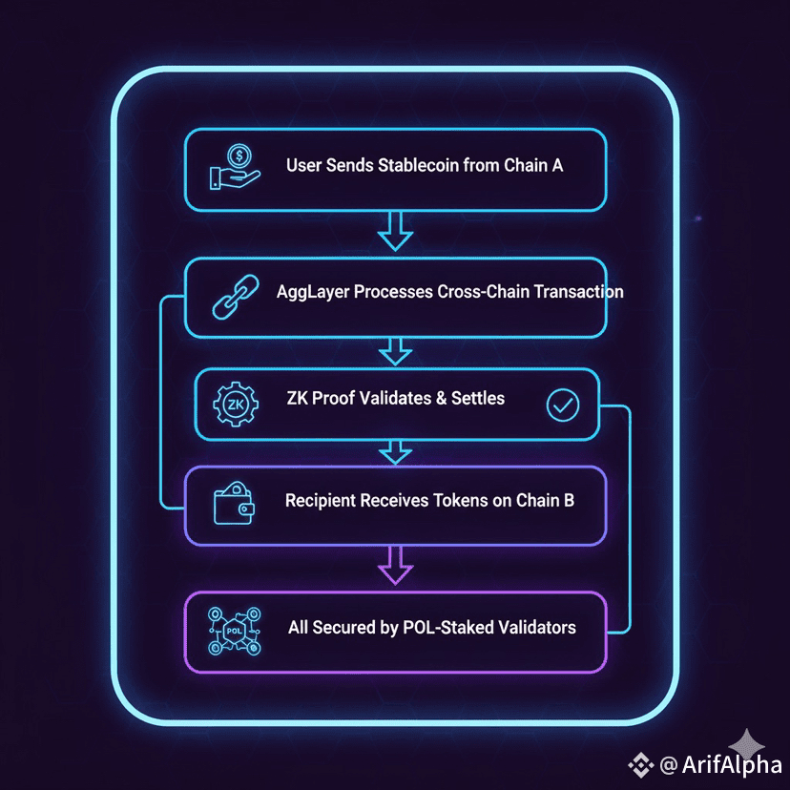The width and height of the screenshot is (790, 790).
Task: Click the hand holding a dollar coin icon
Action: pos(235,169)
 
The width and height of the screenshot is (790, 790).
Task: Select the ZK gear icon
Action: pos(236,405)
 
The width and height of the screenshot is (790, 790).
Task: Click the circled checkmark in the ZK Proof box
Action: pos(562,405)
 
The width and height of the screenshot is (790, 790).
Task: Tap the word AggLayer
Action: pos(313,291)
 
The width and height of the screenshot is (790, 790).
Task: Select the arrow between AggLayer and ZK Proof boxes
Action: pos(394,352)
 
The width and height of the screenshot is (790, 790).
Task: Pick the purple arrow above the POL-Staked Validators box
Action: pos(394,565)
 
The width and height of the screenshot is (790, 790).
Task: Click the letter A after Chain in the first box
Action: pos(556,165)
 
